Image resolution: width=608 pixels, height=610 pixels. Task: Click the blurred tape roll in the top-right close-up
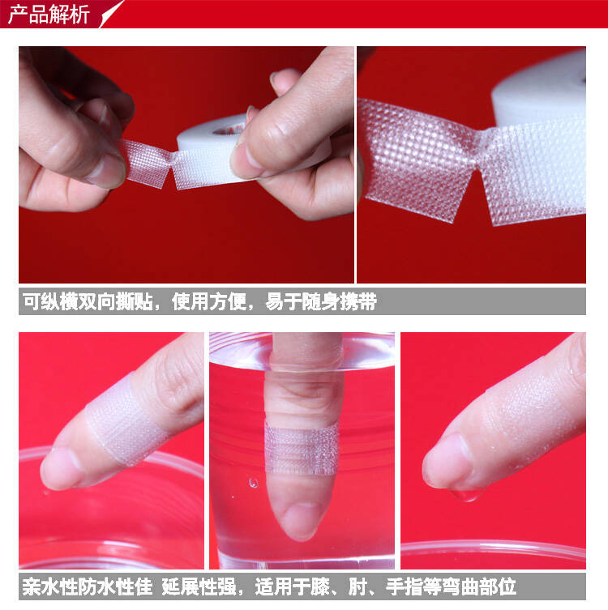coord(543,93)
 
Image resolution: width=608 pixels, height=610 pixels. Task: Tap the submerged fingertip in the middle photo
coord(301,518)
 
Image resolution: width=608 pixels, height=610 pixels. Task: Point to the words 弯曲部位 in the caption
coord(479,587)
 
